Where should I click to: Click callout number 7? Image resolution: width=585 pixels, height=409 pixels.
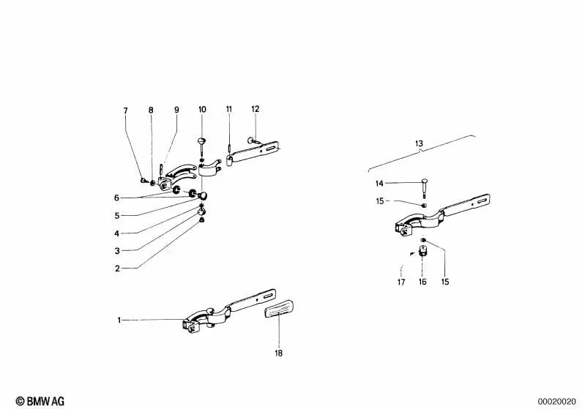125,110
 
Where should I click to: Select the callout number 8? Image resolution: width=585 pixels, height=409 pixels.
151,110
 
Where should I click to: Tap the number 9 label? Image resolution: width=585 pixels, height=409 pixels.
176,110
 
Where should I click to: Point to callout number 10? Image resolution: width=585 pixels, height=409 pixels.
202,110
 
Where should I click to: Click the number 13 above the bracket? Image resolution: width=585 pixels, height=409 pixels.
420,144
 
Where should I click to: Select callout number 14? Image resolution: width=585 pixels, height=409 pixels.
379,183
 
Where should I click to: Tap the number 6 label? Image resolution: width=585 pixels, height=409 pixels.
117,198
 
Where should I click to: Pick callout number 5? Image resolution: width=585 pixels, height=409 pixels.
117,216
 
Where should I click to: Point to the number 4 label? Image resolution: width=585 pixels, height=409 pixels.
117,233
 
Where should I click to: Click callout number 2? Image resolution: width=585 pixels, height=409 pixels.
117,269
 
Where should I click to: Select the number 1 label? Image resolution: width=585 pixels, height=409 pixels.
119,320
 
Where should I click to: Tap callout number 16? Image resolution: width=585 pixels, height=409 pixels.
422,282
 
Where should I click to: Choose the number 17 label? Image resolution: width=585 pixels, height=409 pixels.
401,282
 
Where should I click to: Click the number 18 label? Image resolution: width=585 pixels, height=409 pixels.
278,354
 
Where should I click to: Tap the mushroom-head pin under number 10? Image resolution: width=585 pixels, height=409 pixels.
202,141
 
